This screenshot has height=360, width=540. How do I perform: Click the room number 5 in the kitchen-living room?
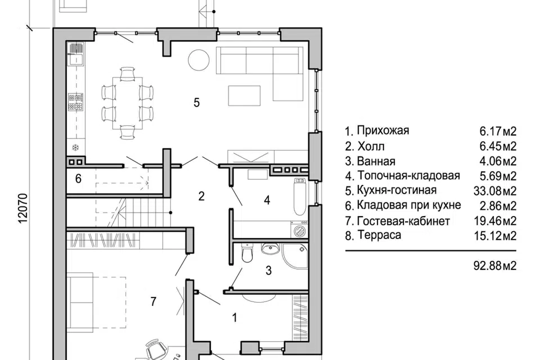click(x=196, y=103)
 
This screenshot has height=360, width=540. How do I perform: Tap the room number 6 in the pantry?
click(x=78, y=179)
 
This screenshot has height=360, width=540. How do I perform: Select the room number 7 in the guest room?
click(x=152, y=301)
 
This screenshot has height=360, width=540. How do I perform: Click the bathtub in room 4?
click(x=300, y=196)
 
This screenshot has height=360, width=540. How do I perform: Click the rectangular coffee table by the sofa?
click(x=244, y=95)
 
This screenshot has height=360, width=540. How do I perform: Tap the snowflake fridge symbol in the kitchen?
click(x=75, y=148)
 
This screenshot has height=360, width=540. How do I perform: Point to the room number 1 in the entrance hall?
click(x=234, y=317)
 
